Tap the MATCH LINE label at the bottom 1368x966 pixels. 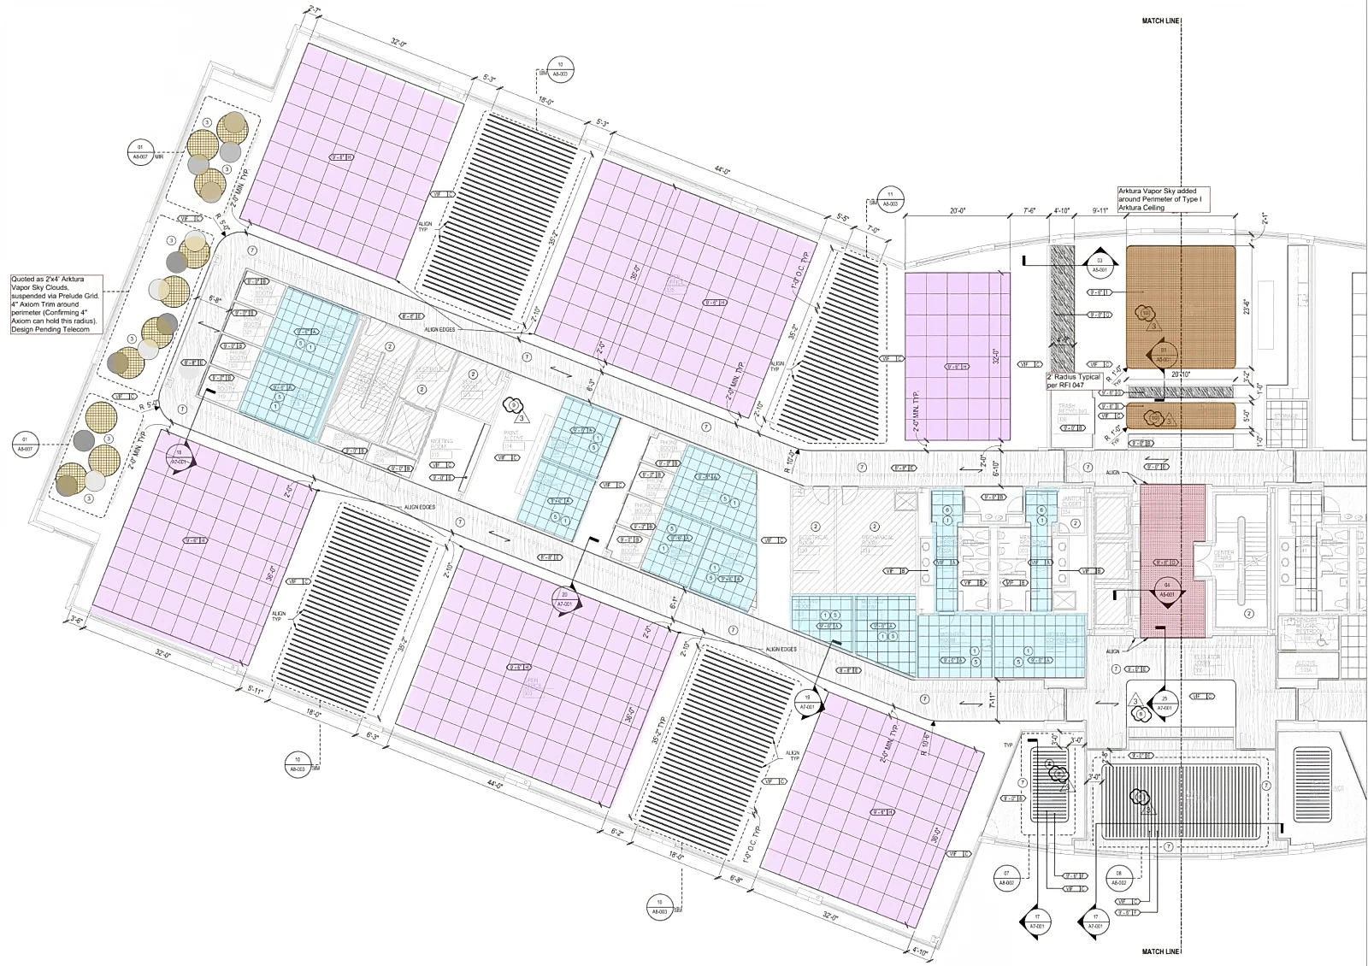pos(1162,951)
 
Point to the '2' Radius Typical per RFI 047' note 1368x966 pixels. pos(1073,380)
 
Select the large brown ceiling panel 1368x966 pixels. pos(1180,306)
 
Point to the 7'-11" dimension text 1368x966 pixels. pos(993,700)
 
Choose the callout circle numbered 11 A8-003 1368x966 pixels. pos(891,199)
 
